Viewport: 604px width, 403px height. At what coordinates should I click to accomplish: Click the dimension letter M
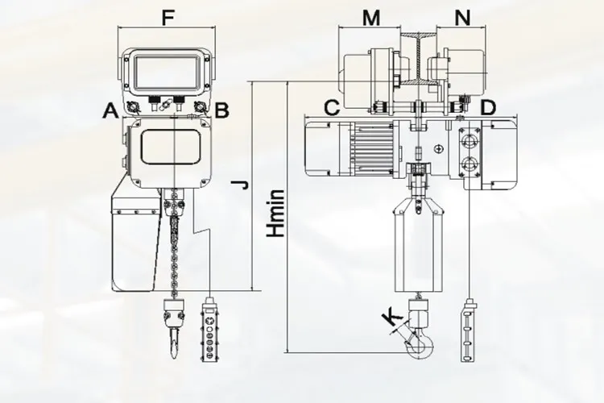371,18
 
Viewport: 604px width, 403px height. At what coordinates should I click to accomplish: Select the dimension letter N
462,18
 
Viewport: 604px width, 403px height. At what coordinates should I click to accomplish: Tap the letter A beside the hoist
110,111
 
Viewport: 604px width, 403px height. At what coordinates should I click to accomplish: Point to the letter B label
221,110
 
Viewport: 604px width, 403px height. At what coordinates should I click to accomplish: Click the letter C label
332,108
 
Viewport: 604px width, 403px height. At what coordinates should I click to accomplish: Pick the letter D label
488,108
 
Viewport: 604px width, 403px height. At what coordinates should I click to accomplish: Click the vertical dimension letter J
242,185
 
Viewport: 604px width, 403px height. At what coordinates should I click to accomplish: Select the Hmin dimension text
277,214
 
